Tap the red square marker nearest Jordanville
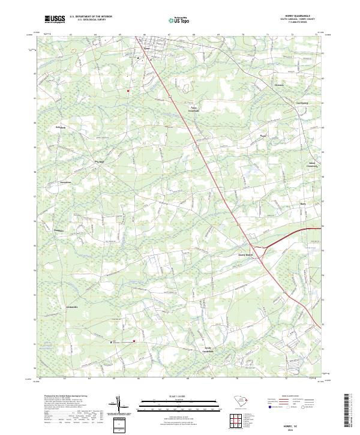coord(134,341)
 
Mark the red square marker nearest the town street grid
coord(128,91)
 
